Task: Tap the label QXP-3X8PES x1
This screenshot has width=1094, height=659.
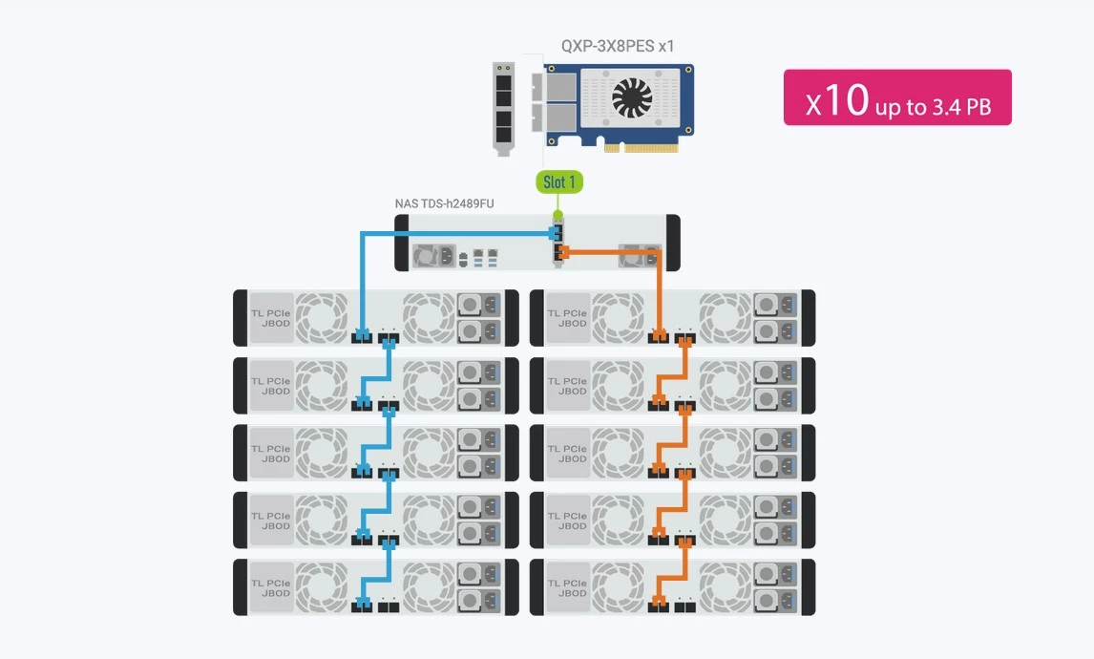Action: tap(619, 45)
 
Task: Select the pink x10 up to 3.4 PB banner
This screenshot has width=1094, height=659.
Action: tap(896, 97)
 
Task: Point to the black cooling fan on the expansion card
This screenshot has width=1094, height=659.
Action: tap(631, 96)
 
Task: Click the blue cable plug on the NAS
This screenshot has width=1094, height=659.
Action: tap(557, 233)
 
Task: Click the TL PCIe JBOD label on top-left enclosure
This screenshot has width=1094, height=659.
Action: tap(270, 318)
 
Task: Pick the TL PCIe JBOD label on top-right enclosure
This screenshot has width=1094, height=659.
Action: tap(567, 318)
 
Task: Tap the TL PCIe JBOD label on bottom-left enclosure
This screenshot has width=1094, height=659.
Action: tap(270, 587)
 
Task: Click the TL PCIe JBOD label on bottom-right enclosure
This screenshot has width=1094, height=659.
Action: tap(567, 587)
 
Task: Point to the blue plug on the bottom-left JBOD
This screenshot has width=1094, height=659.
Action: tap(363, 605)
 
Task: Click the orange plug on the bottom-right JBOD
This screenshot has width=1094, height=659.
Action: tap(659, 605)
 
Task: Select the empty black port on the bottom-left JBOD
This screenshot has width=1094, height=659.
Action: tap(388, 606)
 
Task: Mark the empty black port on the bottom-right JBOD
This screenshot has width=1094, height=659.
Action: tap(684, 606)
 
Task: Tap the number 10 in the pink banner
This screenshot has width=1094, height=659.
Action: tap(846, 100)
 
